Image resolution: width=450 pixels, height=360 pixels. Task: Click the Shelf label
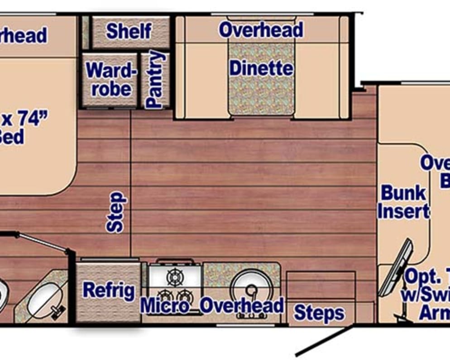[x=129, y=31]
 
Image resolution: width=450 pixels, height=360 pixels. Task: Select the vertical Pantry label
[x=154, y=80]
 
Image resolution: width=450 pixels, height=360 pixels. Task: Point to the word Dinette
[x=261, y=69]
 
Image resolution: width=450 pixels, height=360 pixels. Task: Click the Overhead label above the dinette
[x=261, y=30]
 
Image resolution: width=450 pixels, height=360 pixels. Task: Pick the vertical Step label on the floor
[x=117, y=212]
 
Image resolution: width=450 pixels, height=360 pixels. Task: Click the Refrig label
[x=109, y=291]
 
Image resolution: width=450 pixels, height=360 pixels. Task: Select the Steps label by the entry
[x=319, y=312]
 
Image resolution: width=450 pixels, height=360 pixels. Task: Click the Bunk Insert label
[x=403, y=202]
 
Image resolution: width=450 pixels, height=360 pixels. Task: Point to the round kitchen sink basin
[x=251, y=286]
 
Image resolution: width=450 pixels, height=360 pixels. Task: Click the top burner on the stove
[x=174, y=276]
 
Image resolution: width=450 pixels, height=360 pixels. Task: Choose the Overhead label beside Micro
[x=242, y=306]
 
